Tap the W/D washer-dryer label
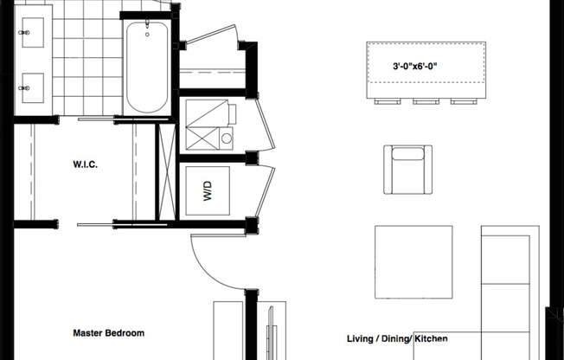[208, 190]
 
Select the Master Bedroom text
[108, 333]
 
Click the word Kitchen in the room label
[431, 339]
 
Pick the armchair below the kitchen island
[407, 168]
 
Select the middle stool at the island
[425, 102]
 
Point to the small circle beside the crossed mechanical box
[227, 138]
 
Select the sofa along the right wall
[510, 286]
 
